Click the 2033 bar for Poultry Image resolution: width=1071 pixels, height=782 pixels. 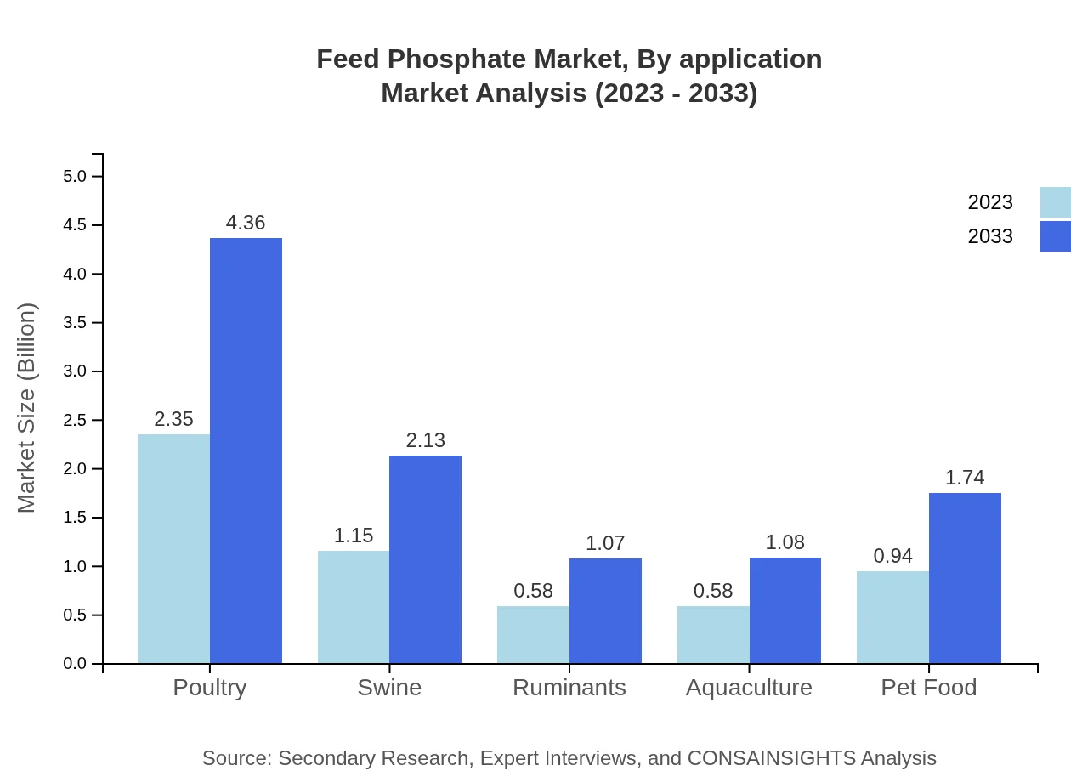coord(246,450)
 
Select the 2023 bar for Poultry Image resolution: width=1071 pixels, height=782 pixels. coord(173,549)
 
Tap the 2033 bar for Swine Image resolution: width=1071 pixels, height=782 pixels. coord(425,559)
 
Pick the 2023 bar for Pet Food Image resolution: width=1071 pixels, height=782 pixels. coord(892,617)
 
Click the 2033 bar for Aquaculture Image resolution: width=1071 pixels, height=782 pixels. coord(785,610)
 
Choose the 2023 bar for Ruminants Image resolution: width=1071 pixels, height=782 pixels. coord(533,634)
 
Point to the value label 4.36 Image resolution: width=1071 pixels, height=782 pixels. coord(246,223)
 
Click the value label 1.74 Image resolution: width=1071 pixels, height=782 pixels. coord(965,478)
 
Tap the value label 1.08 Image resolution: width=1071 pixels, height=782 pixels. coord(785,542)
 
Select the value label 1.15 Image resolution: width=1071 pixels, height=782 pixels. coord(354,535)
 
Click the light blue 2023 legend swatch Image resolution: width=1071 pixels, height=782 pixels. coord(1055,202)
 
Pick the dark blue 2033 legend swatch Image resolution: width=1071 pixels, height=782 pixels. coord(1055,236)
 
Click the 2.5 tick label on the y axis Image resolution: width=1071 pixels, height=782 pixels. coord(75,421)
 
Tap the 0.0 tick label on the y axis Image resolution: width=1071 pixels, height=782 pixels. coord(75,664)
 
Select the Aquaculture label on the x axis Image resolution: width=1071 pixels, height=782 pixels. coord(749,687)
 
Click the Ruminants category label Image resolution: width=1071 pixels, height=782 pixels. coord(569,687)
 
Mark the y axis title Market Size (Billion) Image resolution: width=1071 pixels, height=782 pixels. coord(27,408)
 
